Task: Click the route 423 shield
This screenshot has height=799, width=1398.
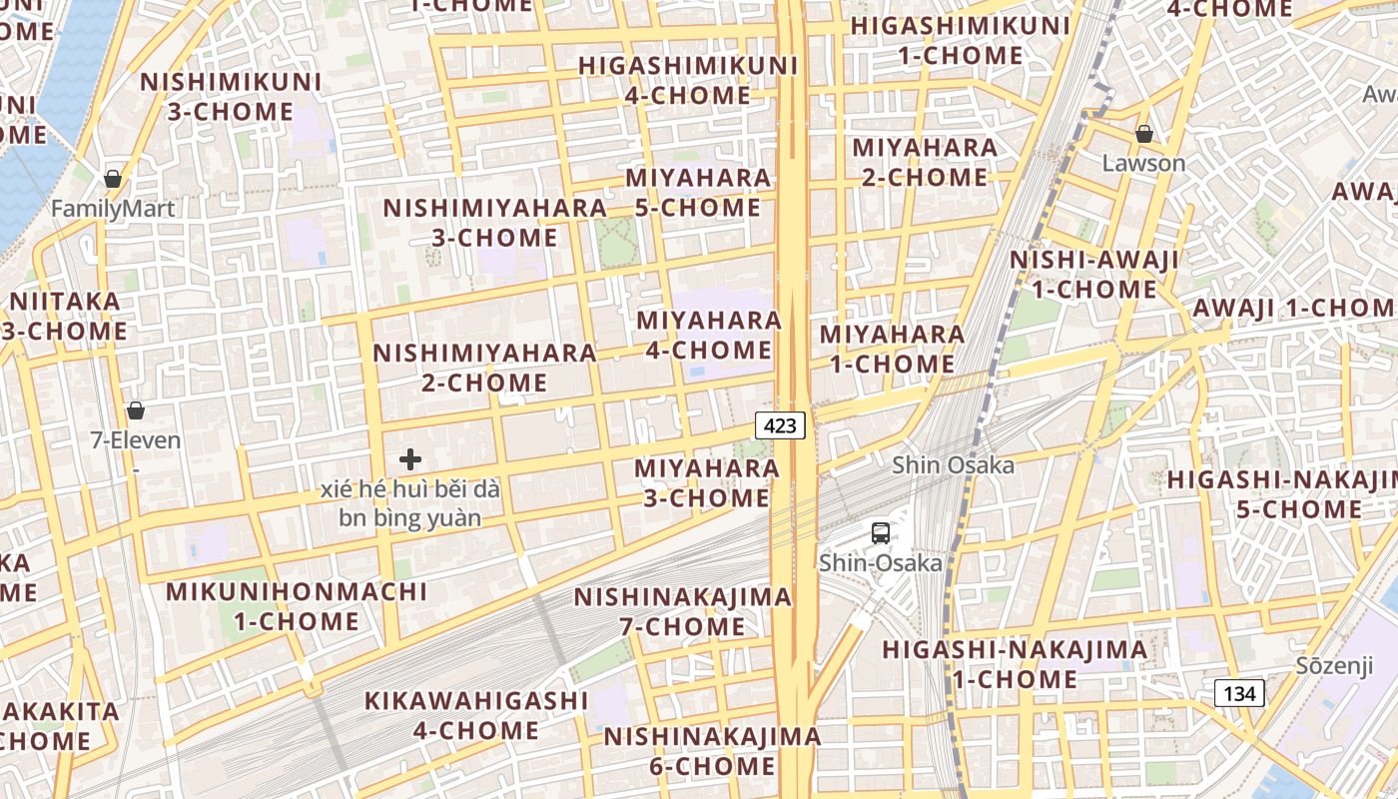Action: (780, 426)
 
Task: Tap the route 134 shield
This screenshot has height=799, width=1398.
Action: (1239, 693)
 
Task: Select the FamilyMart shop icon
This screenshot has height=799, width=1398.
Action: (113, 180)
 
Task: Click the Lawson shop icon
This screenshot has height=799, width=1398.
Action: (1144, 134)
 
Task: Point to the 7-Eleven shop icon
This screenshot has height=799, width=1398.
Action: (136, 410)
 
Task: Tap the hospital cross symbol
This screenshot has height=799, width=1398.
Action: (409, 460)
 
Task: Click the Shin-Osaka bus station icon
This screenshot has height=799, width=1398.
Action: (880, 533)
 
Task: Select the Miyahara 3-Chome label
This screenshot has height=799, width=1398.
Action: (707, 482)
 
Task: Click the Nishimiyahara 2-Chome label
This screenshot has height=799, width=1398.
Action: (485, 368)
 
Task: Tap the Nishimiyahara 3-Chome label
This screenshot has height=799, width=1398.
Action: (495, 223)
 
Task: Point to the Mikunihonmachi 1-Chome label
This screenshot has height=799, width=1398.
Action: (297, 606)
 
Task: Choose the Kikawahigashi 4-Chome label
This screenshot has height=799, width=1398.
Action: (476, 715)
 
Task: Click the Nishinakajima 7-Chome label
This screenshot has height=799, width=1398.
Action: (682, 612)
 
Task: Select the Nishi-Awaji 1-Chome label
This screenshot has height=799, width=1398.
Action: (1094, 275)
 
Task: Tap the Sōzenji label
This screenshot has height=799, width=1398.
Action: (1335, 666)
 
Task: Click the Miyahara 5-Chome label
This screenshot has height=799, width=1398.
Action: (698, 193)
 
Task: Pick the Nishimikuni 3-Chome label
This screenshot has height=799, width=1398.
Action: (231, 97)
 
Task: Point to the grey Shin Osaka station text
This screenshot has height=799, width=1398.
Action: (953, 465)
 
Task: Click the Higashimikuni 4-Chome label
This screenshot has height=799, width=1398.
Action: (688, 81)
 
